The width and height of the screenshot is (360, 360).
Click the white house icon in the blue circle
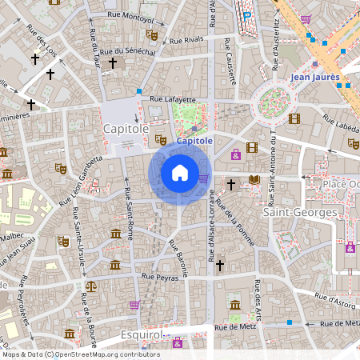[179, 172]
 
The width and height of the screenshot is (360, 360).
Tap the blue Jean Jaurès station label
[315, 78]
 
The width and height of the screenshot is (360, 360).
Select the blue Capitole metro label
[194, 141]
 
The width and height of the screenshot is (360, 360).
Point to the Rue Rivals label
[188, 38]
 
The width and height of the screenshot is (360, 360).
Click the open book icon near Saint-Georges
[254, 180]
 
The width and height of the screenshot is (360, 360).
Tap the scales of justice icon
[90, 285]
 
